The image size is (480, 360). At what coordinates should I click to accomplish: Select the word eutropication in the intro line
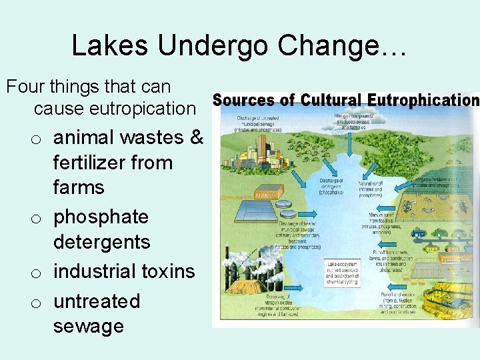click(x=115, y=107)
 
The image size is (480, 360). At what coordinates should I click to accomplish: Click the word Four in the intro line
click(x=27, y=87)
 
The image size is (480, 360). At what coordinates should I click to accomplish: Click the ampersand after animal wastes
click(x=197, y=137)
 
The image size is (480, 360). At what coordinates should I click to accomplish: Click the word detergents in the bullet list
click(x=102, y=242)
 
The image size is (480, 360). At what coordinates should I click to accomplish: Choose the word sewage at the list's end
click(x=89, y=326)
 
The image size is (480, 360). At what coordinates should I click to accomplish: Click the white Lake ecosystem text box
click(x=341, y=273)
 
